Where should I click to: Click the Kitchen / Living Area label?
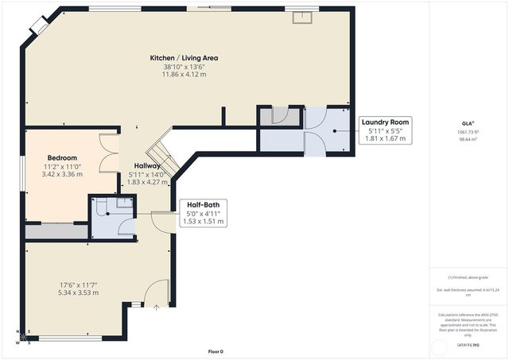[x=185, y=58]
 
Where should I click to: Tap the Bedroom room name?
[x=61, y=157]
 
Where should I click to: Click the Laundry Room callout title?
[x=386, y=122]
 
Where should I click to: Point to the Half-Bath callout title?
[x=203, y=204]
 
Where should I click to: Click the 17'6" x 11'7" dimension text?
[x=77, y=285]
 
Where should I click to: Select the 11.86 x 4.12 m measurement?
[x=185, y=75]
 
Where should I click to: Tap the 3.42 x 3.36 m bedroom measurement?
[x=61, y=174]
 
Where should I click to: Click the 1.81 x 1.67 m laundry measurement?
[x=386, y=138]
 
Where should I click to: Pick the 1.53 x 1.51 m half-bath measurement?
[x=203, y=221]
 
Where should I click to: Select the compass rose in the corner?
[x=24, y=337]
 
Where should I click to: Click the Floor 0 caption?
[x=216, y=351]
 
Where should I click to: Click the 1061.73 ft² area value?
[x=468, y=132]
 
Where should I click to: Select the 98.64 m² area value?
[x=468, y=139]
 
